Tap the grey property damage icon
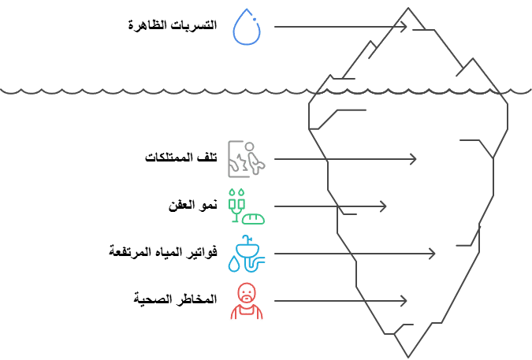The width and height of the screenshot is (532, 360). (246, 159)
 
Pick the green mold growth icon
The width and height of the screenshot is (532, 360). (246, 206)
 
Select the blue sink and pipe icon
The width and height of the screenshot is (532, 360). (247, 254)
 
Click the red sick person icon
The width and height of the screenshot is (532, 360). (247, 301)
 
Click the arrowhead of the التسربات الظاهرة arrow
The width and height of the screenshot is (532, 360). (405, 27)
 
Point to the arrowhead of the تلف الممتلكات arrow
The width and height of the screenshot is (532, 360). (414, 159)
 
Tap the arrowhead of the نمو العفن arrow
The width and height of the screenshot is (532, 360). (384, 206)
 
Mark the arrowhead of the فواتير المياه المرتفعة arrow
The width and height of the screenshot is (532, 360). (433, 254)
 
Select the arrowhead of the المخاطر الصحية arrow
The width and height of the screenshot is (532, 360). (404, 301)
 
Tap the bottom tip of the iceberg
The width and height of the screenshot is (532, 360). (410, 354)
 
